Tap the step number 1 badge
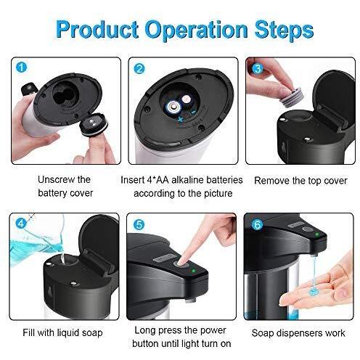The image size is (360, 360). pos(21,67)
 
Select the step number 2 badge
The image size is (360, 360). pos(139,69)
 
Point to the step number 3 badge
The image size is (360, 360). pos(258,68)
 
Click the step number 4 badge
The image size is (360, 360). pos(21,223)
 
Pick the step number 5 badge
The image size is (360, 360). pos(139,225)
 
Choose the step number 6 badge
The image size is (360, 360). pos(257,225)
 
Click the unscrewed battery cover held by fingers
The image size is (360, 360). pos(94,124)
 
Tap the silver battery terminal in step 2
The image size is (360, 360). pos(173,107)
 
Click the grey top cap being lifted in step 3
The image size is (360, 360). pos(292,97)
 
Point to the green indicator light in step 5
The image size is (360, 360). pos(193,271)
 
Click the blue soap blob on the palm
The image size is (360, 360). pos(313,292)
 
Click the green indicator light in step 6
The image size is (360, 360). pos(316,234)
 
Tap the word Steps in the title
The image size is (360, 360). pos(284,30)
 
